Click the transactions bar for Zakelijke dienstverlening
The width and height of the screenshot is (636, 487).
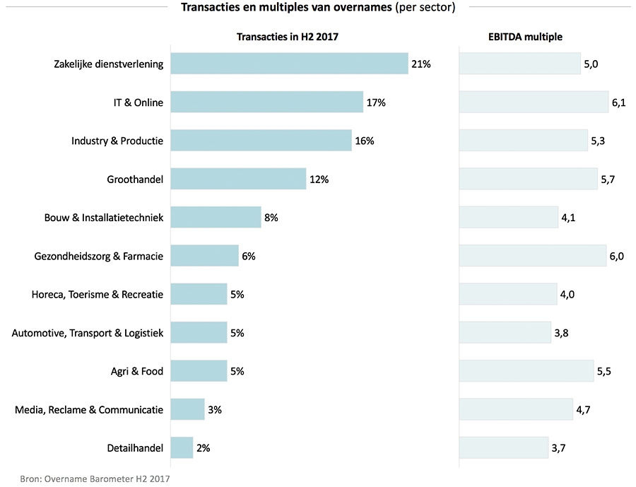[289, 64]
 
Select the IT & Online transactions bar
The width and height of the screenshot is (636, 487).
[266, 102]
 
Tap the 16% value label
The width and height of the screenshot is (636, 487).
[365, 141]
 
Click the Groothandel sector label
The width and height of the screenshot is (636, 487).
[135, 180]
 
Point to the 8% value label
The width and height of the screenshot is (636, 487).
[271, 218]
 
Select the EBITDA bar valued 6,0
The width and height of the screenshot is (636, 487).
[532, 256]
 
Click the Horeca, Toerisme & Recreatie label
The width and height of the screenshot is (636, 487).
[98, 294]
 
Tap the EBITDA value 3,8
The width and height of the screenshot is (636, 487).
[562, 333]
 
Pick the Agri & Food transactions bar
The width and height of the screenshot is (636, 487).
[199, 371]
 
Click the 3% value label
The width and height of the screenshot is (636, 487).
[215, 409]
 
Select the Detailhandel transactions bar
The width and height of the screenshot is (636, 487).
[182, 447]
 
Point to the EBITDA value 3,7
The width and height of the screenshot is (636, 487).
[559, 447]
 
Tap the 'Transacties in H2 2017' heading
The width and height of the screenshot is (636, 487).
[292, 37]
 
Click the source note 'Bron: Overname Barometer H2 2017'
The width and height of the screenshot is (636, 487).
[95, 478]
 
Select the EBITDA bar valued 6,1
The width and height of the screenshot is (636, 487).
[534, 102]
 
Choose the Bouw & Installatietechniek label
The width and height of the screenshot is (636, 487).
[104, 218]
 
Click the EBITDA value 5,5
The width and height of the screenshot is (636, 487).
[603, 371]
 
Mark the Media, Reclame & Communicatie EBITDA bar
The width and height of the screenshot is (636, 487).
[516, 409]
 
